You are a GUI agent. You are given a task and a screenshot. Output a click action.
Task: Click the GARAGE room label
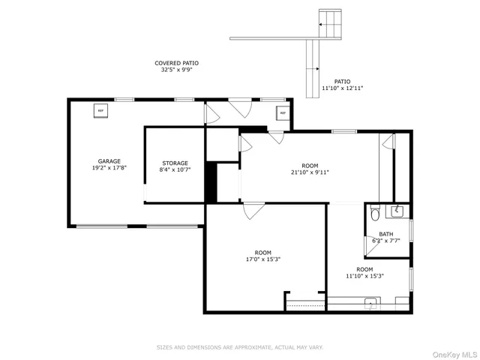pos(109,161)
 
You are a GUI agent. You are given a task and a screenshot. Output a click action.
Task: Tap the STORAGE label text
pos(175,163)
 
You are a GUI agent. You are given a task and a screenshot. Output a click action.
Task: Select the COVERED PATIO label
pos(176,63)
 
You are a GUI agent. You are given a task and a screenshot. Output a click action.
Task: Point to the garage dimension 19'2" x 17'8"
pos(109,168)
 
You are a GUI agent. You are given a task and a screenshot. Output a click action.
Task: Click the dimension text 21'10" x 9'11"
pos(310,172)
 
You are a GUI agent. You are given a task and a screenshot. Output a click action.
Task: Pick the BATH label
pos(385,234)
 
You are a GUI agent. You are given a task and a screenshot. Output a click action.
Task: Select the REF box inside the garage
pos(100,111)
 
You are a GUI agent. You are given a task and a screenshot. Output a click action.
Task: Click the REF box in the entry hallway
pos(283,114)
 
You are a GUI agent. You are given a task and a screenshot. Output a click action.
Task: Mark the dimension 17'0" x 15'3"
pos(262,259)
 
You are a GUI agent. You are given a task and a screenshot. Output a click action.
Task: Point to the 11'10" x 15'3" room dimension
pos(364,276)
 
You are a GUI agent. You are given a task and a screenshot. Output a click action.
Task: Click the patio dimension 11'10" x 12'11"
pos(342,88)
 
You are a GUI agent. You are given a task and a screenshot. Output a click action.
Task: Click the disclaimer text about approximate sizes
pos(239,347)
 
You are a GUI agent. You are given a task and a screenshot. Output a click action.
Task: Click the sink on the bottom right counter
pos(370,304)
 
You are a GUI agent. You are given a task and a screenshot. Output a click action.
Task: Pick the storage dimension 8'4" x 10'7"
pos(175,170)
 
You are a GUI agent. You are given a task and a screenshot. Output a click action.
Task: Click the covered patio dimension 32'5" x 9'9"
pos(176,70)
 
